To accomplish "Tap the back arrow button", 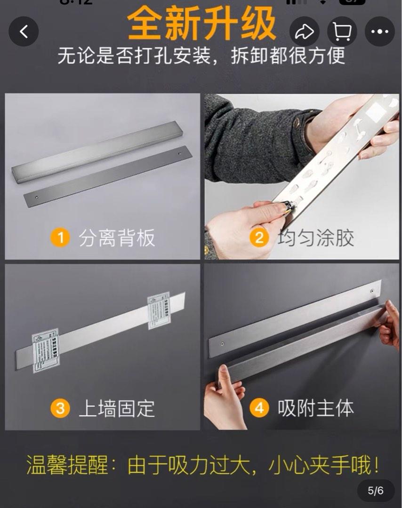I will tap(24, 32).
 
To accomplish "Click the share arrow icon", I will tap(305, 32).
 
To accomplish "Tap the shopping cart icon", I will tap(342, 32).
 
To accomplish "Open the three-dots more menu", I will tap(379, 32).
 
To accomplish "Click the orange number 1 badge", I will tap(60, 238).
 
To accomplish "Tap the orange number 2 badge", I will tap(259, 238).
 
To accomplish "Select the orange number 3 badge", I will tap(60, 408).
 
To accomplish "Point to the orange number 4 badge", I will tap(259, 408).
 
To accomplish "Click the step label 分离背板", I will tap(117, 238).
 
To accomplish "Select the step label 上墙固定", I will tap(117, 408).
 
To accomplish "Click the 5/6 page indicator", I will tap(375, 491).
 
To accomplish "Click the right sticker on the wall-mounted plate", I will tap(158, 308).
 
